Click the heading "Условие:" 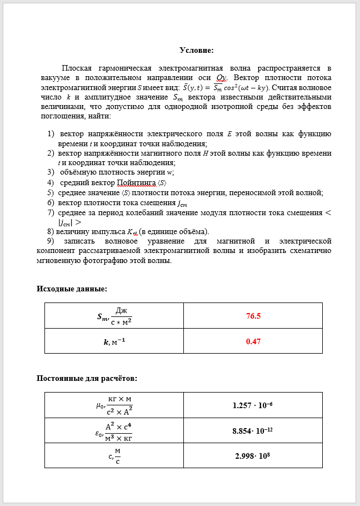click(x=196, y=51)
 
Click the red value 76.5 click(x=253, y=316)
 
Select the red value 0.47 click(x=253, y=341)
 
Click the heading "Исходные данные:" click(x=72, y=289)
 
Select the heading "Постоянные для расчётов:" click(x=87, y=379)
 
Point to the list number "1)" click(x=51, y=134)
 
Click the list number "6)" click(x=51, y=203)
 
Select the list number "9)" click(x=51, y=241)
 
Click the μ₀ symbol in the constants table click(x=99, y=405)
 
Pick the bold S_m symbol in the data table click(x=103, y=317)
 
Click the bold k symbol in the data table click(x=106, y=342)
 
